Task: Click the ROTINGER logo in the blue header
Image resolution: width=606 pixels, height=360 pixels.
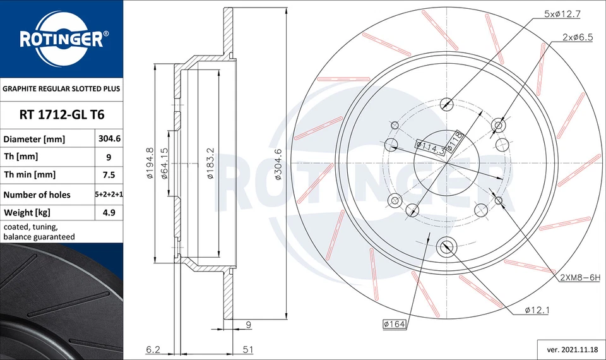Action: pyautogui.click(x=61, y=40)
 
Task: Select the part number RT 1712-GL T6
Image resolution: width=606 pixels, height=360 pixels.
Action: pyautogui.click(x=62, y=114)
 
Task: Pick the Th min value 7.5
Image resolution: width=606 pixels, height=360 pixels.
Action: pyautogui.click(x=108, y=175)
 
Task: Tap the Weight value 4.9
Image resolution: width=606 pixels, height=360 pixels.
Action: pyautogui.click(x=108, y=212)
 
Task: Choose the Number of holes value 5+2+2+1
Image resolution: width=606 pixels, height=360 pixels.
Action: pyautogui.click(x=109, y=195)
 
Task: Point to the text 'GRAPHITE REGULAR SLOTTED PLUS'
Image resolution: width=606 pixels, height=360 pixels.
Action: pyautogui.click(x=62, y=89)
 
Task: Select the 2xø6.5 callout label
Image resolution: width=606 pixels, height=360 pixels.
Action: pyautogui.click(x=577, y=37)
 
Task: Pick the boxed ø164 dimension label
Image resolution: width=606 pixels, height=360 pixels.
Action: pyautogui.click(x=394, y=325)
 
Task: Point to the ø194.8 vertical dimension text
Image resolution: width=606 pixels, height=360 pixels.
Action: pyautogui.click(x=150, y=162)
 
